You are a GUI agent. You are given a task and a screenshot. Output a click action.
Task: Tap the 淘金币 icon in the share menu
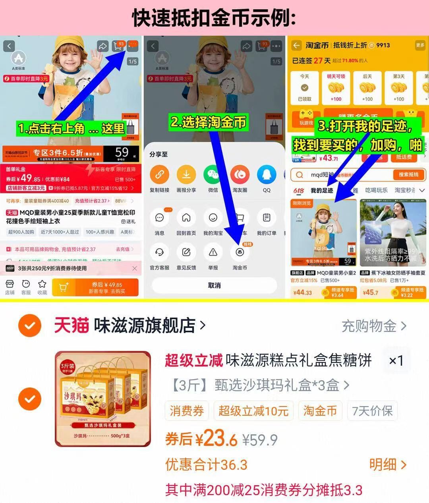point(240,252)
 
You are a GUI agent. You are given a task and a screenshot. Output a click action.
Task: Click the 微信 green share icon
point(213,175)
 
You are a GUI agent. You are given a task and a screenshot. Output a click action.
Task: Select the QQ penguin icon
point(267,175)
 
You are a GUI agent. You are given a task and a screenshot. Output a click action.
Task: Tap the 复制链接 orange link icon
point(159,175)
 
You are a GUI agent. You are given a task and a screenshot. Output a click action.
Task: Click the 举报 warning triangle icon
point(213,252)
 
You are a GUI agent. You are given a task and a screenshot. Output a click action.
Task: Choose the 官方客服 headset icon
point(159,252)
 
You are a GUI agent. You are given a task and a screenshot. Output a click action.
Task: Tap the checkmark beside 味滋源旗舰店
point(30,326)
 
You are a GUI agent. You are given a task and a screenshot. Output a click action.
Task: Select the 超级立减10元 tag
point(253,411)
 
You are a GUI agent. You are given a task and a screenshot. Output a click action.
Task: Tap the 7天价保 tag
point(372,411)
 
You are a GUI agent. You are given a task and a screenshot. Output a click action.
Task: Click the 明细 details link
point(388,464)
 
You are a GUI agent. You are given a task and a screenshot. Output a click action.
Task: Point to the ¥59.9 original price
point(260,440)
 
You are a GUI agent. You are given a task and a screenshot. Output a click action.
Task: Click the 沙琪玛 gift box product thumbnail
point(103,399)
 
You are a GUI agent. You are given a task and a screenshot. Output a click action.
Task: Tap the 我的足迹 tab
point(322,191)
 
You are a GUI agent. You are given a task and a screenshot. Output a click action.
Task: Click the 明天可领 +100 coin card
point(336,88)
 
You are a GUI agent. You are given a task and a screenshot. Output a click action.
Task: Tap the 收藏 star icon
point(42,287)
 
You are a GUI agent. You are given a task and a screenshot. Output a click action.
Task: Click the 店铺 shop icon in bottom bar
point(10,287)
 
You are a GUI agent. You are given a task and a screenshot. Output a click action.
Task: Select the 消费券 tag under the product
point(187,411)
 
